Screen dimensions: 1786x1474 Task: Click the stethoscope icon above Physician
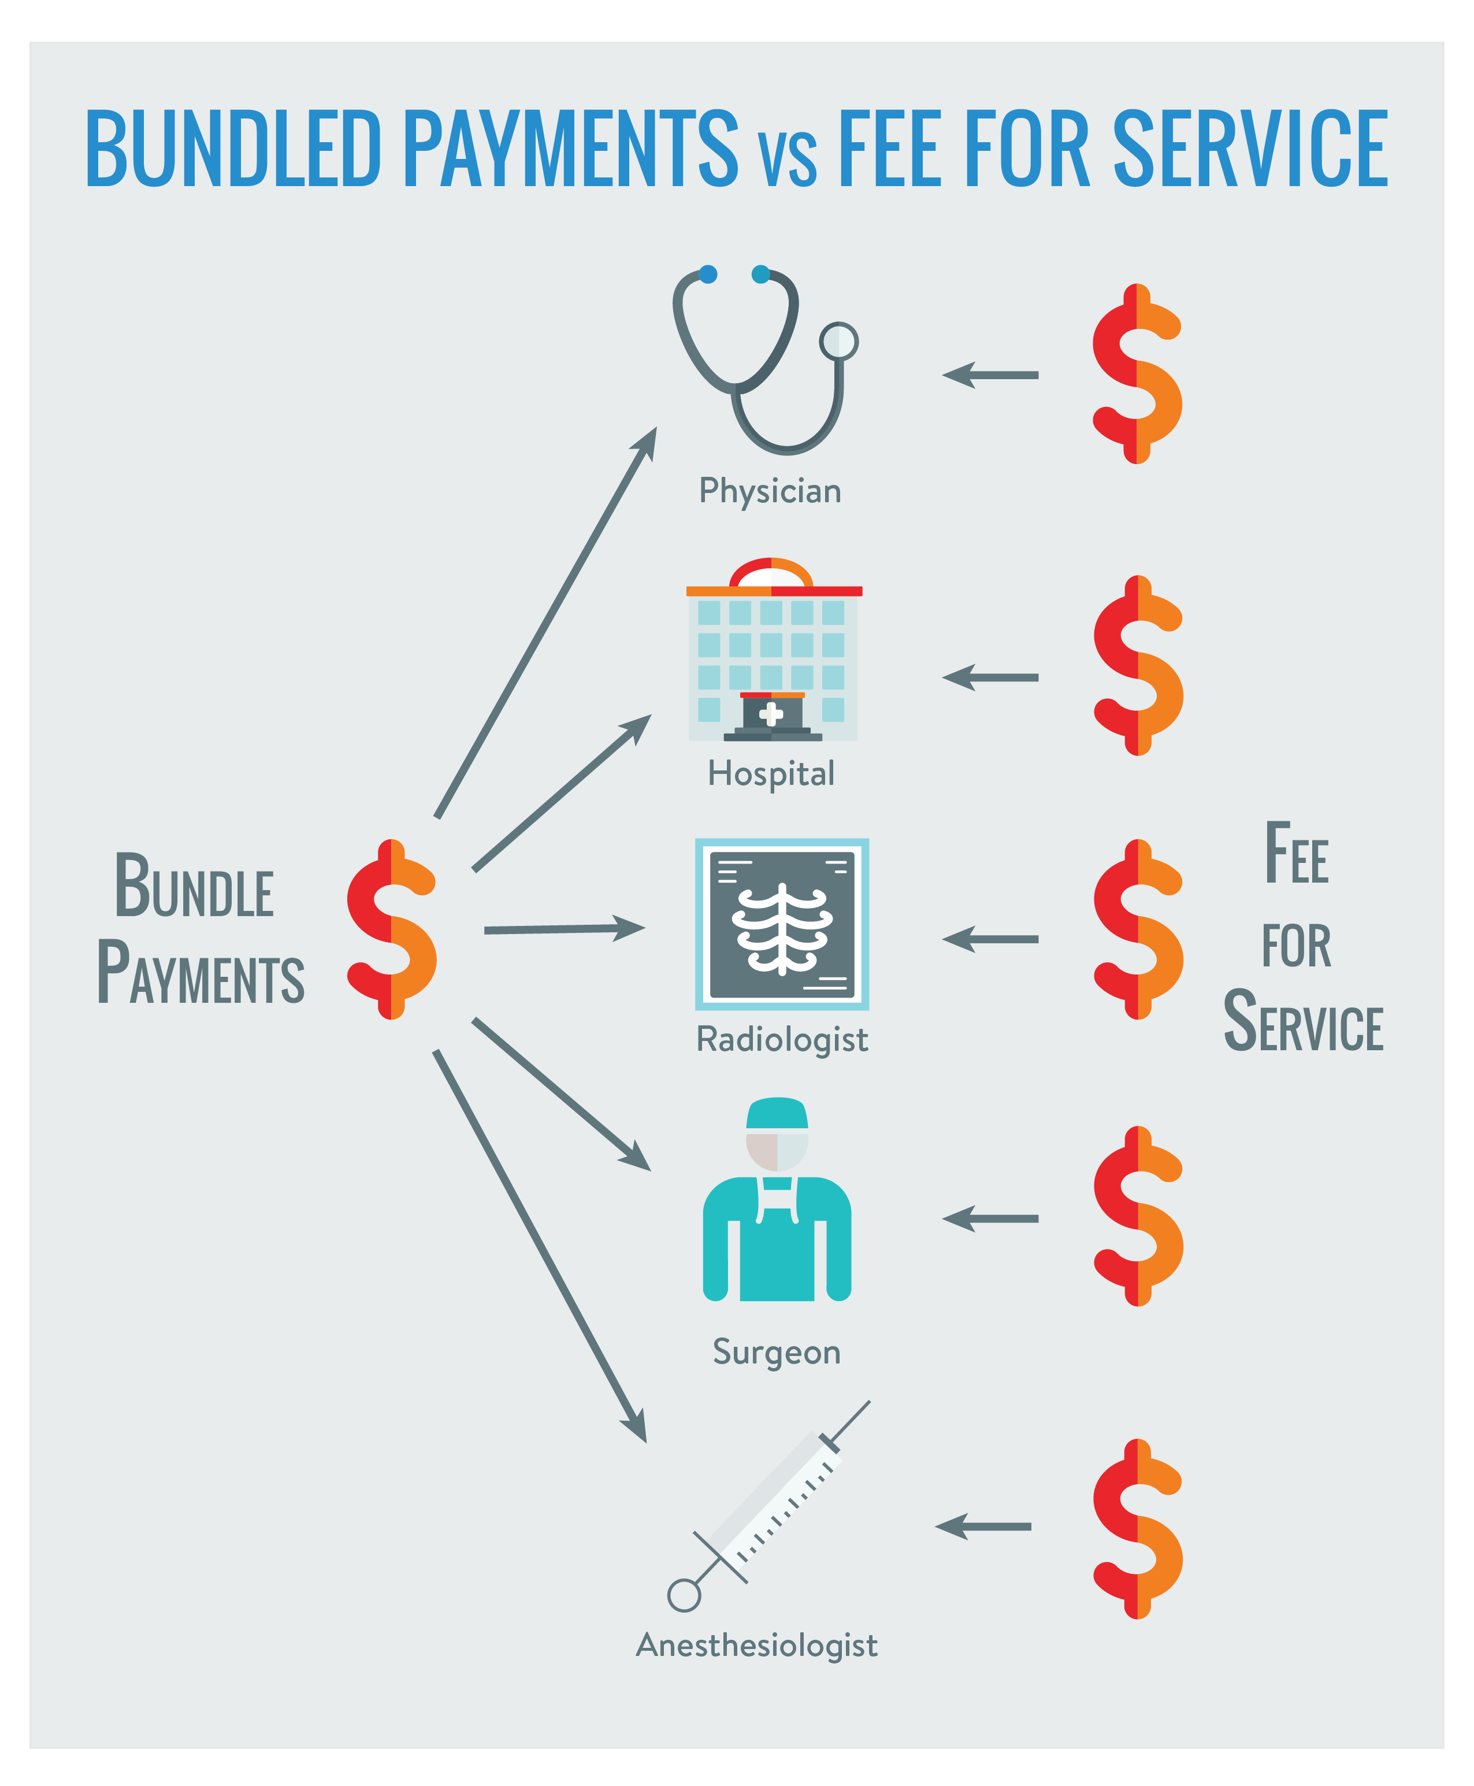pyautogui.click(x=756, y=361)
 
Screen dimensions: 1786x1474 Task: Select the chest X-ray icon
pyautogui.click(x=782, y=924)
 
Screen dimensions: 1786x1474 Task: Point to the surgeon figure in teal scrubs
pyautogui.click(x=777, y=1206)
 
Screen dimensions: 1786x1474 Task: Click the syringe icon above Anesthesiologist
pyautogui.click(x=768, y=1507)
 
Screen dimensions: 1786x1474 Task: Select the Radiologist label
pyautogui.click(x=782, y=1039)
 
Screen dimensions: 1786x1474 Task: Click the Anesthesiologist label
pyautogui.click(x=756, y=1645)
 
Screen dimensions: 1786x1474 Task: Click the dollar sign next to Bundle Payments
pyautogui.click(x=391, y=929)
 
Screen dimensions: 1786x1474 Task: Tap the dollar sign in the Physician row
pyautogui.click(x=1137, y=374)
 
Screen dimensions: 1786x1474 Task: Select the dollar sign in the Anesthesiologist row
pyautogui.click(x=1137, y=1529)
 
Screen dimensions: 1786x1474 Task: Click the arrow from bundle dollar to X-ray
pyautogui.click(x=565, y=929)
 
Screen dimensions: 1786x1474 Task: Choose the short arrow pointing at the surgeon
pyautogui.click(x=990, y=1218)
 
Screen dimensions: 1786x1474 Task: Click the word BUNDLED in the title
pyautogui.click(x=233, y=149)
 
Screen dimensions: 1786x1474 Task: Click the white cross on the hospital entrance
pyautogui.click(x=771, y=713)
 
